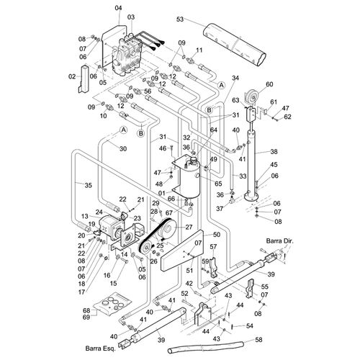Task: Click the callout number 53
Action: tap(180, 19)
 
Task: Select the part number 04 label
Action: tap(118, 8)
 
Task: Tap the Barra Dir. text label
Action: tap(279, 240)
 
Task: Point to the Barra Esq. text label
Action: tap(101, 348)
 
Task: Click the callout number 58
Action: tap(258, 340)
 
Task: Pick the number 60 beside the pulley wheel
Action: tap(269, 84)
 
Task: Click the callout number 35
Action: tap(89, 185)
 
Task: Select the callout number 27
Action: tap(189, 227)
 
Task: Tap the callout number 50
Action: tap(217, 235)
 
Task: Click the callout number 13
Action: tap(85, 216)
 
